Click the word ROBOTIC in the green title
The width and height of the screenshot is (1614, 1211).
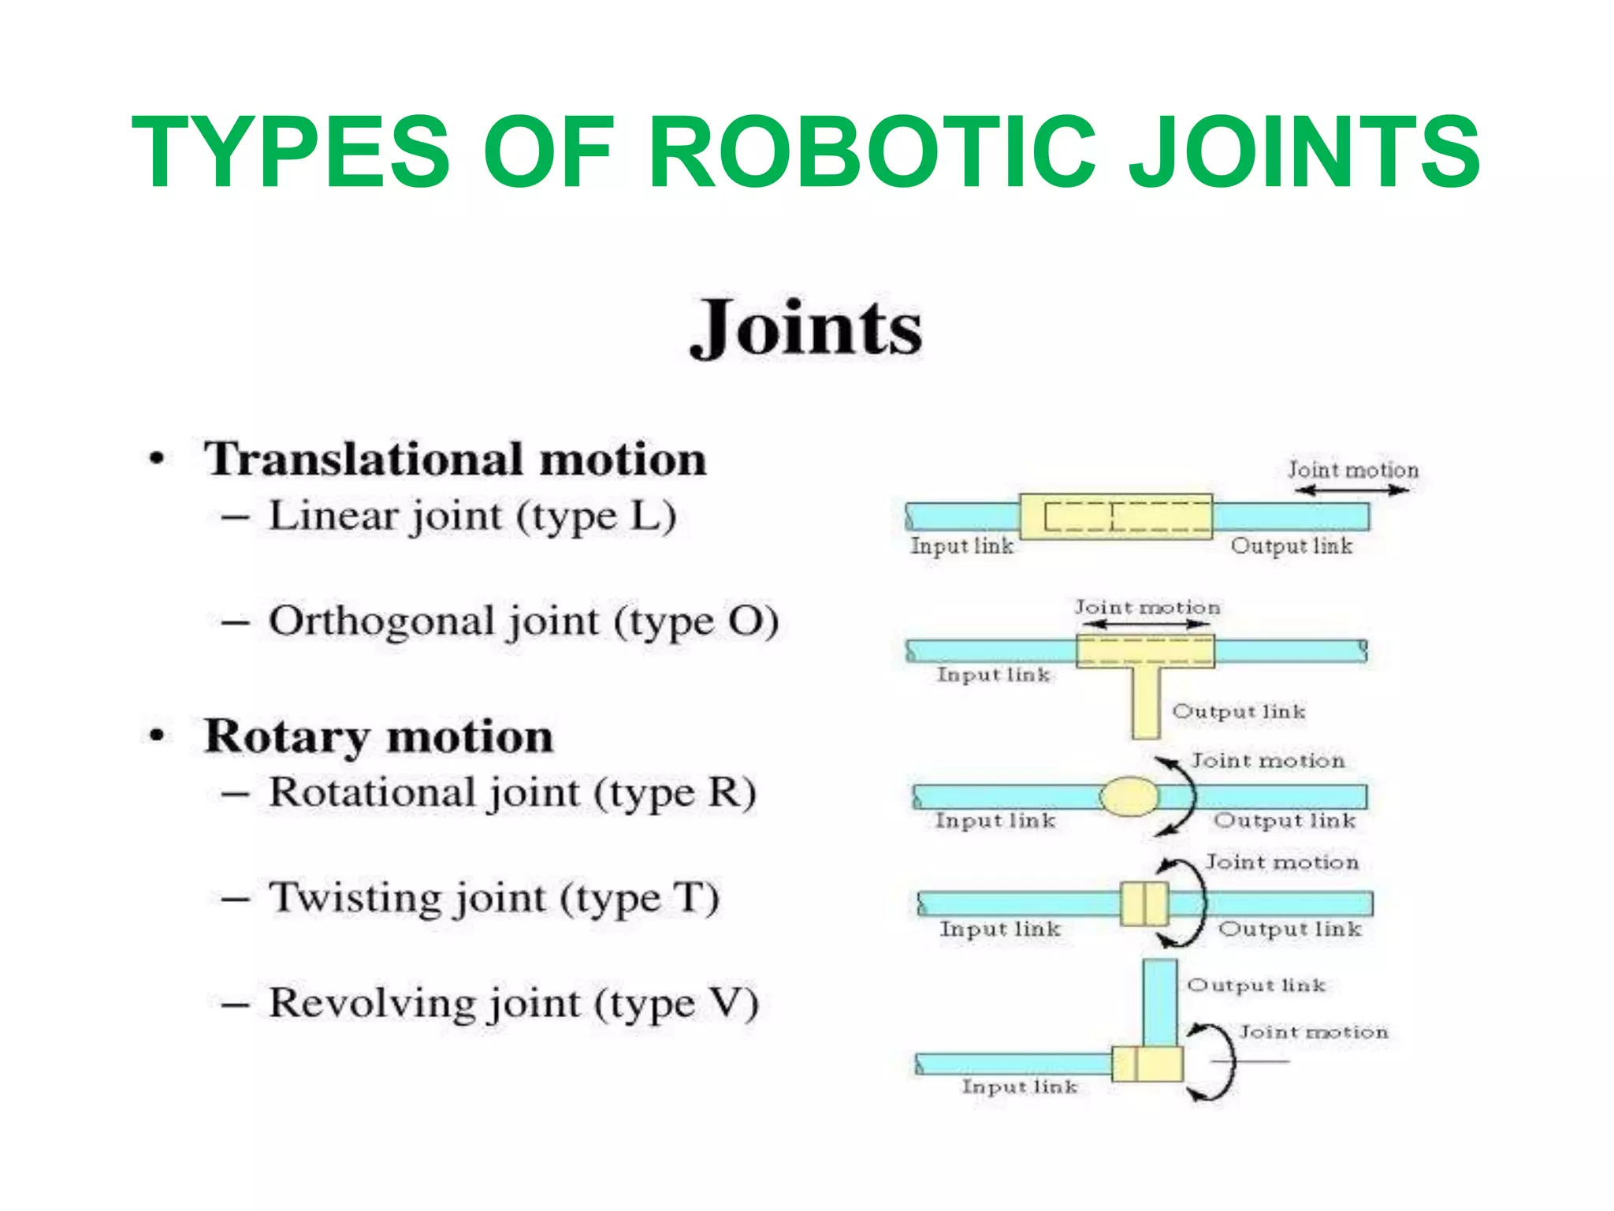[871, 152]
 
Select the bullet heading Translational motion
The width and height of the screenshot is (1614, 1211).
[455, 459]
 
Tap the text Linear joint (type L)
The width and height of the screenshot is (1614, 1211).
[472, 517]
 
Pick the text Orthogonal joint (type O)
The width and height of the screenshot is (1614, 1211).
[523, 622]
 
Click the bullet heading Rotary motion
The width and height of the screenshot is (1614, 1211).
[378, 737]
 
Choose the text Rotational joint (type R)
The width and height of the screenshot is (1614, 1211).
[512, 793]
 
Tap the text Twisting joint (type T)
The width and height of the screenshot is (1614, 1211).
[494, 899]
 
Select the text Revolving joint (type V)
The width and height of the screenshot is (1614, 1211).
[513, 1004]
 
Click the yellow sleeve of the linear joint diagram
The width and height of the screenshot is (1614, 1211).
[1115, 516]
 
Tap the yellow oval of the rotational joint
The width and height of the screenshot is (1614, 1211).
[1129, 796]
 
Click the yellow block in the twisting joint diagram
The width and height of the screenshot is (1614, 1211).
[1144, 904]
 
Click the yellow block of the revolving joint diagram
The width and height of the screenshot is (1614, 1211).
[1147, 1064]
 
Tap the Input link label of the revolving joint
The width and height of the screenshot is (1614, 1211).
[1019, 1087]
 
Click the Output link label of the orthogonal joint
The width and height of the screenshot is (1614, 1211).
[1238, 712]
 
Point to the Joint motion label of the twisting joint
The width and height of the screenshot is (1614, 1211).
[1281, 863]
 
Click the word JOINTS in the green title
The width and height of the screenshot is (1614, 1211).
[1304, 152]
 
